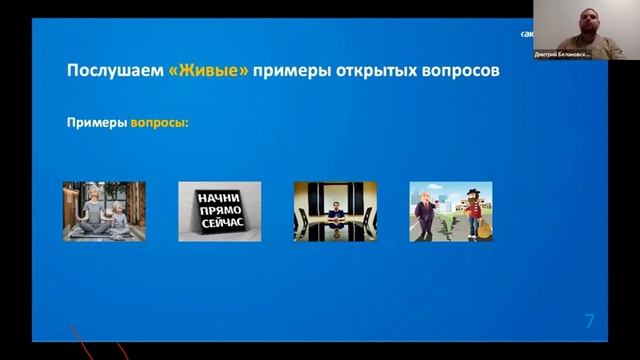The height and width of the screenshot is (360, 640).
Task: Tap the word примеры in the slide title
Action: pyautogui.click(x=293, y=72)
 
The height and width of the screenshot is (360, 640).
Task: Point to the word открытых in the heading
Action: pyautogui.click(x=378, y=72)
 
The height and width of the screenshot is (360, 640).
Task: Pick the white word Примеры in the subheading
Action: pyautogui.click(x=96, y=124)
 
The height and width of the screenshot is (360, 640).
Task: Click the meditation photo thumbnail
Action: pyautogui.click(x=104, y=211)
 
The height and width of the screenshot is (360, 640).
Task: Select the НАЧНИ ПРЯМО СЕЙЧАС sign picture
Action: pyautogui.click(x=219, y=211)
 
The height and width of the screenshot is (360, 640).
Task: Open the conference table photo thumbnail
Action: pyautogui.click(x=335, y=211)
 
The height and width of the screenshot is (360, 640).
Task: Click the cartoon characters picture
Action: pyautogui.click(x=450, y=211)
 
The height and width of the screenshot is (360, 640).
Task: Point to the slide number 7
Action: pyautogui.click(x=589, y=321)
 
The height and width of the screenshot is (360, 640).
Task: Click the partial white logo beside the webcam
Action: pyautogui.click(x=527, y=33)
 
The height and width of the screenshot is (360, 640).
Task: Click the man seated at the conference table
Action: pyautogui.click(x=335, y=215)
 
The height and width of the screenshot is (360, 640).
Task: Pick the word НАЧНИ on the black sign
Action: pyautogui.click(x=219, y=198)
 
